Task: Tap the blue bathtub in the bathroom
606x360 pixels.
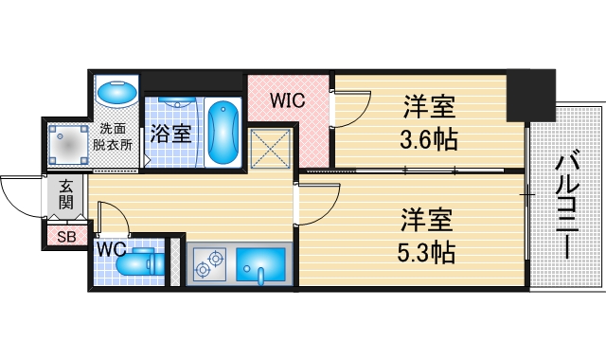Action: (x=223, y=133)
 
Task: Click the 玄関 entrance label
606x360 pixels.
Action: (x=67, y=195)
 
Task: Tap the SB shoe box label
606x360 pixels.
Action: (x=66, y=237)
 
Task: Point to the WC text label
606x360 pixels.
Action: (x=111, y=248)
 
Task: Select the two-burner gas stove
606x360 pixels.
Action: (x=208, y=264)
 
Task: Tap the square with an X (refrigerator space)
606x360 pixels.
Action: (x=270, y=150)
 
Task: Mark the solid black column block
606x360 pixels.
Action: (x=527, y=95)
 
